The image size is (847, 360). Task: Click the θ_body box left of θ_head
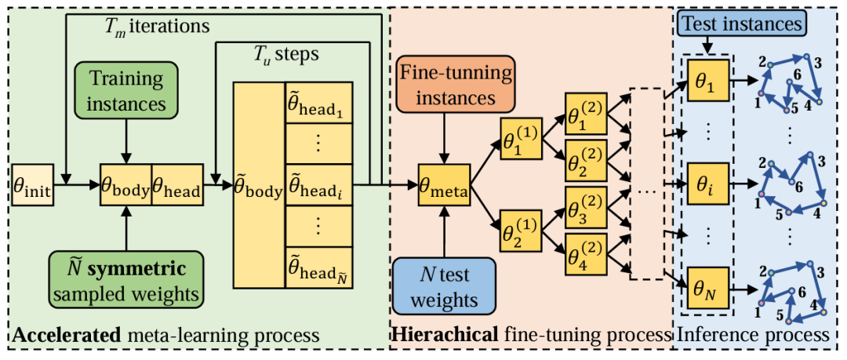(125, 188)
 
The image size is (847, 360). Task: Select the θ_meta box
(445, 187)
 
